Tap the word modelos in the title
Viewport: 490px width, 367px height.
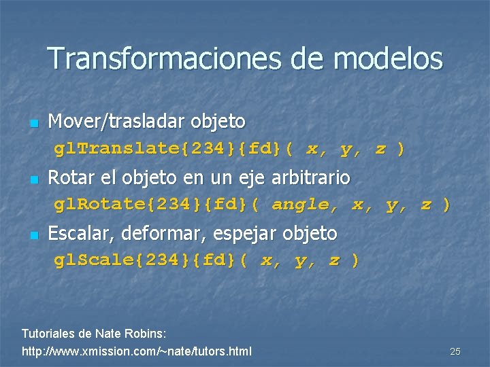(388, 59)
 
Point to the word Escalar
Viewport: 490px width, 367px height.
(76, 234)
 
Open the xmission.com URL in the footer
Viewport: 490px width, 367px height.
(136, 351)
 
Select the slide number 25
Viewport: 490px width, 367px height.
(455, 351)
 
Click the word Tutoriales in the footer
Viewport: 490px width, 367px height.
(49, 334)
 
